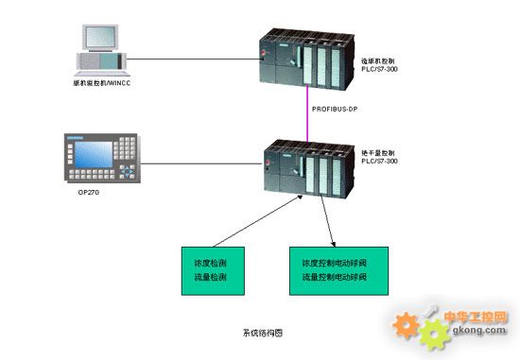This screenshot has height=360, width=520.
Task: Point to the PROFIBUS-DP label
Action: pos(336,111)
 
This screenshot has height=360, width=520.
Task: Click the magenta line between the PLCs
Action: pos(309,111)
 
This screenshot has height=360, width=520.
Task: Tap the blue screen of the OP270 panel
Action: pos(97,153)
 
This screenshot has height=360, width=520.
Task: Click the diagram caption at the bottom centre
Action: pos(262,333)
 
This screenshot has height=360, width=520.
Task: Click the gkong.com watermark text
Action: pos(481,330)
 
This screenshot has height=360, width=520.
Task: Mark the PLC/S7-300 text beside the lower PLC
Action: pos(379,161)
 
